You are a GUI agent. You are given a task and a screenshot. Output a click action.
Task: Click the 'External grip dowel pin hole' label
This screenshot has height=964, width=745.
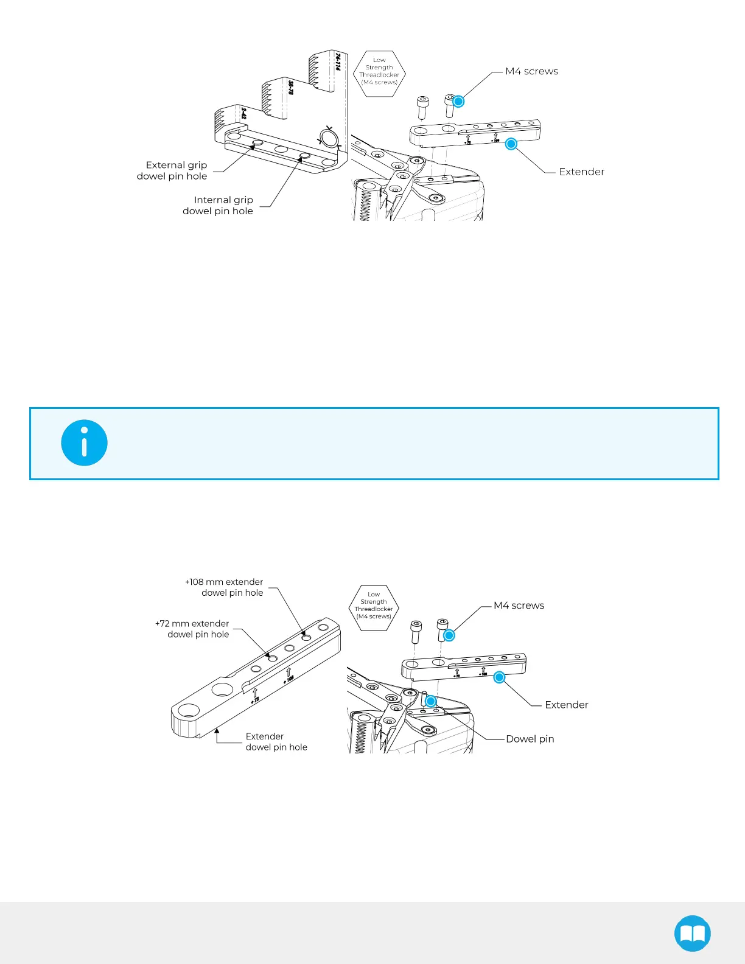[x=172, y=170]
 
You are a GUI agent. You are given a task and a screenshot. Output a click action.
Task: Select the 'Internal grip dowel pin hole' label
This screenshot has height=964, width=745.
[x=218, y=205]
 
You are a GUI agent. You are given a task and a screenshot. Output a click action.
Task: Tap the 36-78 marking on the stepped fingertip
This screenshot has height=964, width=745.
[x=291, y=88]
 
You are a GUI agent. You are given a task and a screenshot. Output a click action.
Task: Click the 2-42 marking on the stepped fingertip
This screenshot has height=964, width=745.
[x=243, y=113]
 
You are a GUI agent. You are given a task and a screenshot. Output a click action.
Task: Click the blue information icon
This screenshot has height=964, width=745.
[x=84, y=443]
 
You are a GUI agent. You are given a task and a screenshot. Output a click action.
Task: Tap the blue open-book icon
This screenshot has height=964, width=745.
[x=693, y=933]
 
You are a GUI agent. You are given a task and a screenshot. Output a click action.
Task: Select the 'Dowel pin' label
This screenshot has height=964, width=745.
[x=530, y=739]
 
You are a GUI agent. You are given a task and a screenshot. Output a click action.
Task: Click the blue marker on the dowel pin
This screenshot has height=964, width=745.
[x=430, y=701]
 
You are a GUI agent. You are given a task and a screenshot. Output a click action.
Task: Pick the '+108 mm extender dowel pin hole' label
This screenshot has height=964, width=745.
[x=225, y=587]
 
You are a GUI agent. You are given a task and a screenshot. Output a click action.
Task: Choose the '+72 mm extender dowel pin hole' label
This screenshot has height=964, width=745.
[x=192, y=629]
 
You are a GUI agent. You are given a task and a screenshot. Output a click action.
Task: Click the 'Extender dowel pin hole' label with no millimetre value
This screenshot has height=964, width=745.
[x=276, y=742]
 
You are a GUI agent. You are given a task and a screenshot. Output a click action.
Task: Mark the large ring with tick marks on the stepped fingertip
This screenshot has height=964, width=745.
[x=329, y=139]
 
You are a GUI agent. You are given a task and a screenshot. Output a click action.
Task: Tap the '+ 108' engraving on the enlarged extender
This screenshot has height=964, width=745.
[x=289, y=679]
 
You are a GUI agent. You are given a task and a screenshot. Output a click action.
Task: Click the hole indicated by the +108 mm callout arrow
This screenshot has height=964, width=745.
[x=307, y=637]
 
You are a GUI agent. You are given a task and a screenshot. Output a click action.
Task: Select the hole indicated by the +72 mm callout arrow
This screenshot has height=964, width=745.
[x=273, y=658]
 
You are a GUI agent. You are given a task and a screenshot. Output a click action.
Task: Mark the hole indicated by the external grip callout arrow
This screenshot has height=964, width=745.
[x=257, y=142]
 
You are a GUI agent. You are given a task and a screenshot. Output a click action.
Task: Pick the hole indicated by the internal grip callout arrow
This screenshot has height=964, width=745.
[x=305, y=156]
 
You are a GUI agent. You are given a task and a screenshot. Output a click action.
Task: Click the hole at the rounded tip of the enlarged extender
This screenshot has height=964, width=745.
[x=189, y=710]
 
